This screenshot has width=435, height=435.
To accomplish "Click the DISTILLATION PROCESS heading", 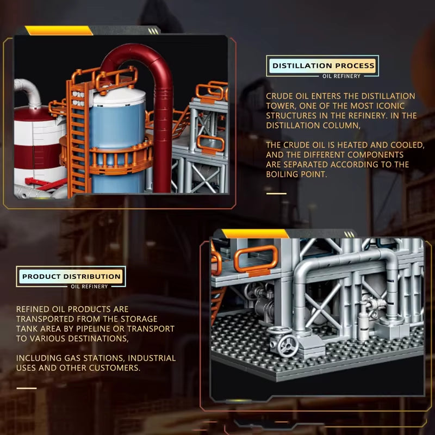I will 323,66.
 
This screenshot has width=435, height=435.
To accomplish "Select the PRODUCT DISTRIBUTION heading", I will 71,276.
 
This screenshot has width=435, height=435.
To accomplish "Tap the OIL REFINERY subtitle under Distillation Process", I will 341,76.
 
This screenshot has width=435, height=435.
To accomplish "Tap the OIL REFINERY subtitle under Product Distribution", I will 89,286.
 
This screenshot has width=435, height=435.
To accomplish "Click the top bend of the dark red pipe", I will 138,54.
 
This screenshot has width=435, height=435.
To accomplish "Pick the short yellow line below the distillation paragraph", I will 276,193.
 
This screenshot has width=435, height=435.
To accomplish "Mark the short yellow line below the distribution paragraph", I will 26,388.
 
